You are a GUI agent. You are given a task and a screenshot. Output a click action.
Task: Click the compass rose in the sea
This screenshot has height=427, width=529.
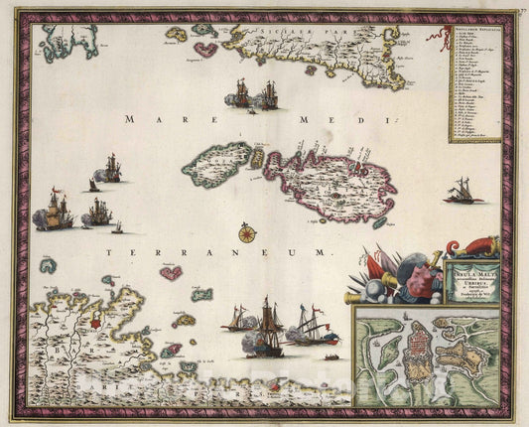[247, 234]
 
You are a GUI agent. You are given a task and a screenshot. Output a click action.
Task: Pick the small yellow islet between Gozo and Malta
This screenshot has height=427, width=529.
[257, 158]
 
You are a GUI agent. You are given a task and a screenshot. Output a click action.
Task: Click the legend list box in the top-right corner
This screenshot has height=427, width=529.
[473, 84]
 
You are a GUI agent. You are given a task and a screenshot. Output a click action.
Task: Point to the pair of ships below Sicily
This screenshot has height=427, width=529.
[255, 94]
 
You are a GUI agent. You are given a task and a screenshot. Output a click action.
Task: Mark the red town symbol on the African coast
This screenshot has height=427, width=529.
[95, 323]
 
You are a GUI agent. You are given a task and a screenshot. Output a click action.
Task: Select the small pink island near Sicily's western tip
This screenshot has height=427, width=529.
[205, 48]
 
